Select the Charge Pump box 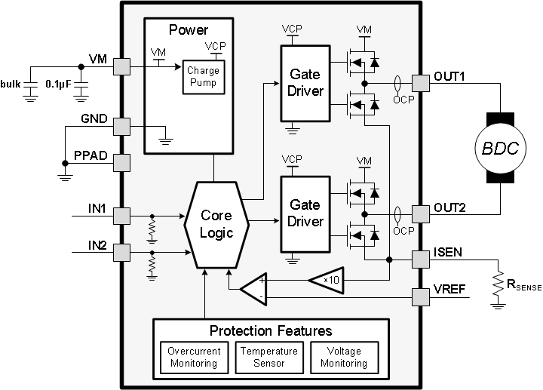(x=203, y=76)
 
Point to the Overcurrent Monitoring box (x=193, y=357)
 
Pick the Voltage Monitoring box (x=344, y=357)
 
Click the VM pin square (x=121, y=67)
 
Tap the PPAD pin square (x=121, y=162)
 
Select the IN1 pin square (x=121, y=216)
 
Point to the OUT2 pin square (x=420, y=213)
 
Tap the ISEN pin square (x=420, y=259)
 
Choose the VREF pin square (x=420, y=296)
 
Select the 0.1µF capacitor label (x=57, y=83)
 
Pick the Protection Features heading (x=271, y=330)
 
